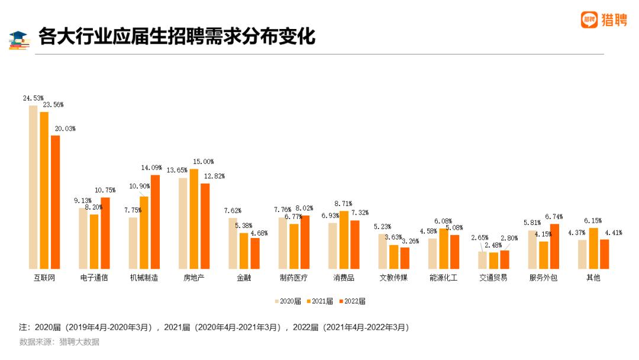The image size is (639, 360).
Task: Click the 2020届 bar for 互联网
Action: [x=33, y=187]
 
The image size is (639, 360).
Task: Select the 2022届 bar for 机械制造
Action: [x=155, y=222]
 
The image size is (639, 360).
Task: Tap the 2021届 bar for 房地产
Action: [x=194, y=219]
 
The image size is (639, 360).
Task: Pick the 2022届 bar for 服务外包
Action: [x=554, y=246]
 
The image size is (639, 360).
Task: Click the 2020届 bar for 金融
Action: [x=233, y=243]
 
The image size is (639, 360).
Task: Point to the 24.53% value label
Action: [x=33, y=98]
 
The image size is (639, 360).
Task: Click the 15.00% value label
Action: [x=204, y=162]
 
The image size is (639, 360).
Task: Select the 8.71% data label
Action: [x=343, y=204]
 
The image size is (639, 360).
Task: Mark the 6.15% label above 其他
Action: [x=593, y=220]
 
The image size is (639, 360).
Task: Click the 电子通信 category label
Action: [x=94, y=278]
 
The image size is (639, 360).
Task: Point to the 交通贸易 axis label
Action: [x=493, y=278]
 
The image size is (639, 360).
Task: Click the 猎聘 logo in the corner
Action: [x=603, y=20]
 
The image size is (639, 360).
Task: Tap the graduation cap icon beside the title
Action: [x=20, y=39]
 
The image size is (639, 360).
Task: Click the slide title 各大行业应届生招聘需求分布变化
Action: [x=176, y=37]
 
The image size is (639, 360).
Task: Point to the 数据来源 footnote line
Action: [x=59, y=342]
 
